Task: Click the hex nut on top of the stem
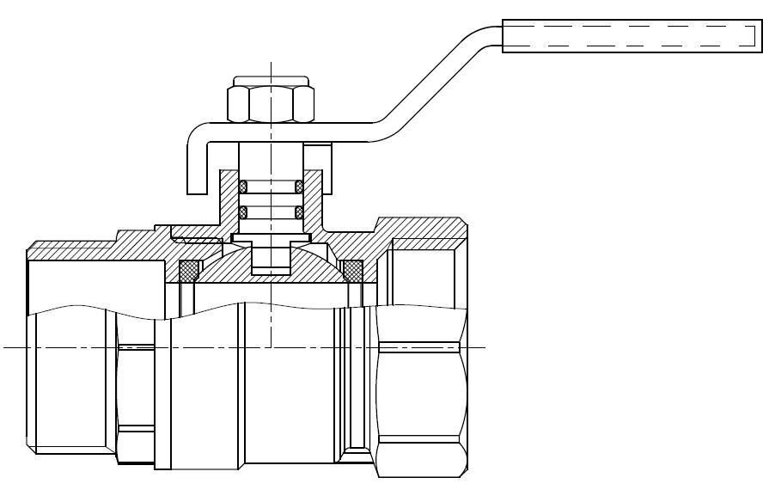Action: click(270, 103)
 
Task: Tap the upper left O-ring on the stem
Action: click(243, 186)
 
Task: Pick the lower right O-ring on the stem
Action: click(299, 211)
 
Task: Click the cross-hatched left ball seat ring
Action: click(188, 271)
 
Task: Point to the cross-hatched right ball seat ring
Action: click(351, 271)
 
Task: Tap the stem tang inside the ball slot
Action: click(270, 258)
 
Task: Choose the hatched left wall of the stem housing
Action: click(229, 202)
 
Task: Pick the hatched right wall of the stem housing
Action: click(314, 202)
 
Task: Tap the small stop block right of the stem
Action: click(318, 158)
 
